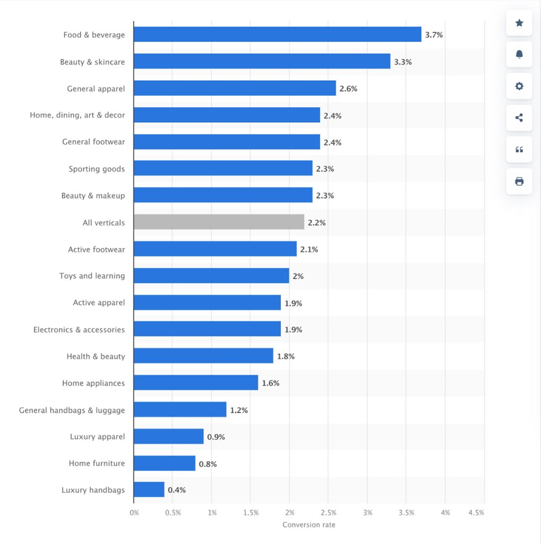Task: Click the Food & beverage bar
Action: pyautogui.click(x=277, y=35)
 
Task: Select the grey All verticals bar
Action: pyautogui.click(x=219, y=222)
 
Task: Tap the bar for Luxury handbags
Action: pyautogui.click(x=149, y=489)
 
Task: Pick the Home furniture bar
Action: pyautogui.click(x=165, y=463)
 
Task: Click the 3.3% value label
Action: pyautogui.click(x=402, y=62)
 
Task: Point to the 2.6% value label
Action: pyautogui.click(x=348, y=89)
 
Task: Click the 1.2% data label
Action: pyautogui.click(x=239, y=410)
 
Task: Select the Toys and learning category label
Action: pyautogui.click(x=92, y=276)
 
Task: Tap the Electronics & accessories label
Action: pyautogui.click(x=79, y=329)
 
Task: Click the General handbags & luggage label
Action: pyautogui.click(x=72, y=410)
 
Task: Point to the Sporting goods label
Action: pyautogui.click(x=97, y=169)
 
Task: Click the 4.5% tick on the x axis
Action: pyautogui.click(x=476, y=513)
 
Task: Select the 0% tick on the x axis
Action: pyautogui.click(x=134, y=513)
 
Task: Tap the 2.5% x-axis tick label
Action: pyautogui.click(x=328, y=513)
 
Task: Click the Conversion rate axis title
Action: pyautogui.click(x=309, y=525)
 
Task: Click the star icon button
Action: pyautogui.click(x=519, y=23)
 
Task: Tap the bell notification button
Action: pyautogui.click(x=519, y=54)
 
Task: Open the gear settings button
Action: pyautogui.click(x=519, y=86)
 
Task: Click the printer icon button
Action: pyautogui.click(x=519, y=181)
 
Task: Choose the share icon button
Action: pyautogui.click(x=519, y=118)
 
